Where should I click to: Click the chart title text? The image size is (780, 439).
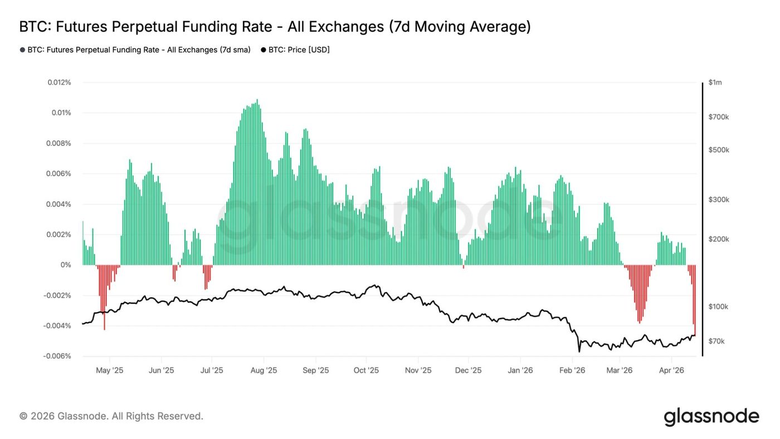275,26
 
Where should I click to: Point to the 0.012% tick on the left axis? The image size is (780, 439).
59,82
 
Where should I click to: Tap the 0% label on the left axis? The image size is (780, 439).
66,265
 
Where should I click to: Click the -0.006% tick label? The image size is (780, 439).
57,356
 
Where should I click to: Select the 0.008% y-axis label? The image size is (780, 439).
59,143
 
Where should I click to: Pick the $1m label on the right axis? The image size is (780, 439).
715,82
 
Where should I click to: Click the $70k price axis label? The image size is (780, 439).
716,341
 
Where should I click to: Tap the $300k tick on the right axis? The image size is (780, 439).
718,199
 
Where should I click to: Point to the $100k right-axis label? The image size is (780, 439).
718,306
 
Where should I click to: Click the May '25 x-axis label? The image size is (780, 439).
110,370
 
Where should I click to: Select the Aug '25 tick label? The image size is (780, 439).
264,370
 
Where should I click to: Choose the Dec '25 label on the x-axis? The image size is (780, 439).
468,370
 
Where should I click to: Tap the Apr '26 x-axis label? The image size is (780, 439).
671,370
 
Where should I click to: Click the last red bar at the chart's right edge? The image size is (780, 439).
695,301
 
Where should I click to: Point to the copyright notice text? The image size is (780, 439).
111,416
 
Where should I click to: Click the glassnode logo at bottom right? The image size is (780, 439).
711,417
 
